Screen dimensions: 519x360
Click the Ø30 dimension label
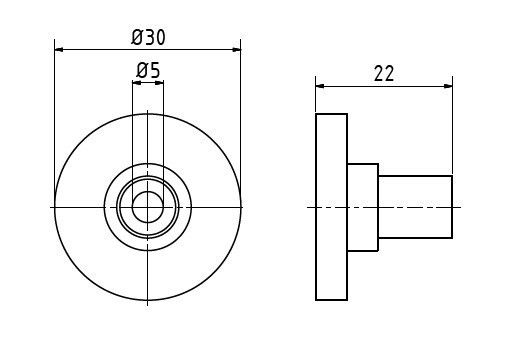(148, 37)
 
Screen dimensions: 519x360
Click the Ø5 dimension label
(148, 71)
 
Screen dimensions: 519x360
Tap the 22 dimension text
(384, 74)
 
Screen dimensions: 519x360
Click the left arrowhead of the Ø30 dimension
(59, 50)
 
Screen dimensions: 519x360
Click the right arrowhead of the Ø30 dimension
(236, 50)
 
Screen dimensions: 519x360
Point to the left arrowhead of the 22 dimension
(320, 86)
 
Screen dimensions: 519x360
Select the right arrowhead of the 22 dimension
(448, 86)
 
